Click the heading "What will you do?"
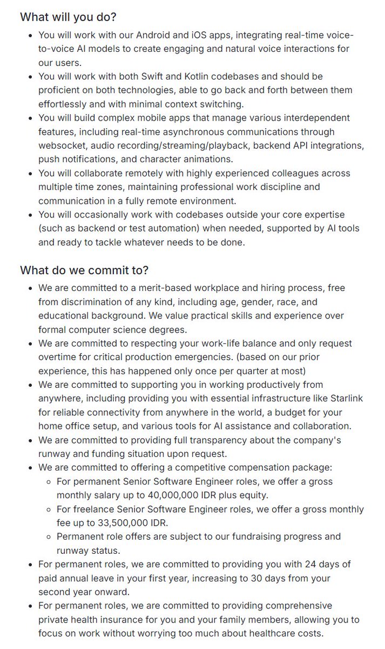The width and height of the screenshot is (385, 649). (68, 17)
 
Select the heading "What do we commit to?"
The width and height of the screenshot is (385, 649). (84, 270)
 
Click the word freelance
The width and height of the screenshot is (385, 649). (92, 509)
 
